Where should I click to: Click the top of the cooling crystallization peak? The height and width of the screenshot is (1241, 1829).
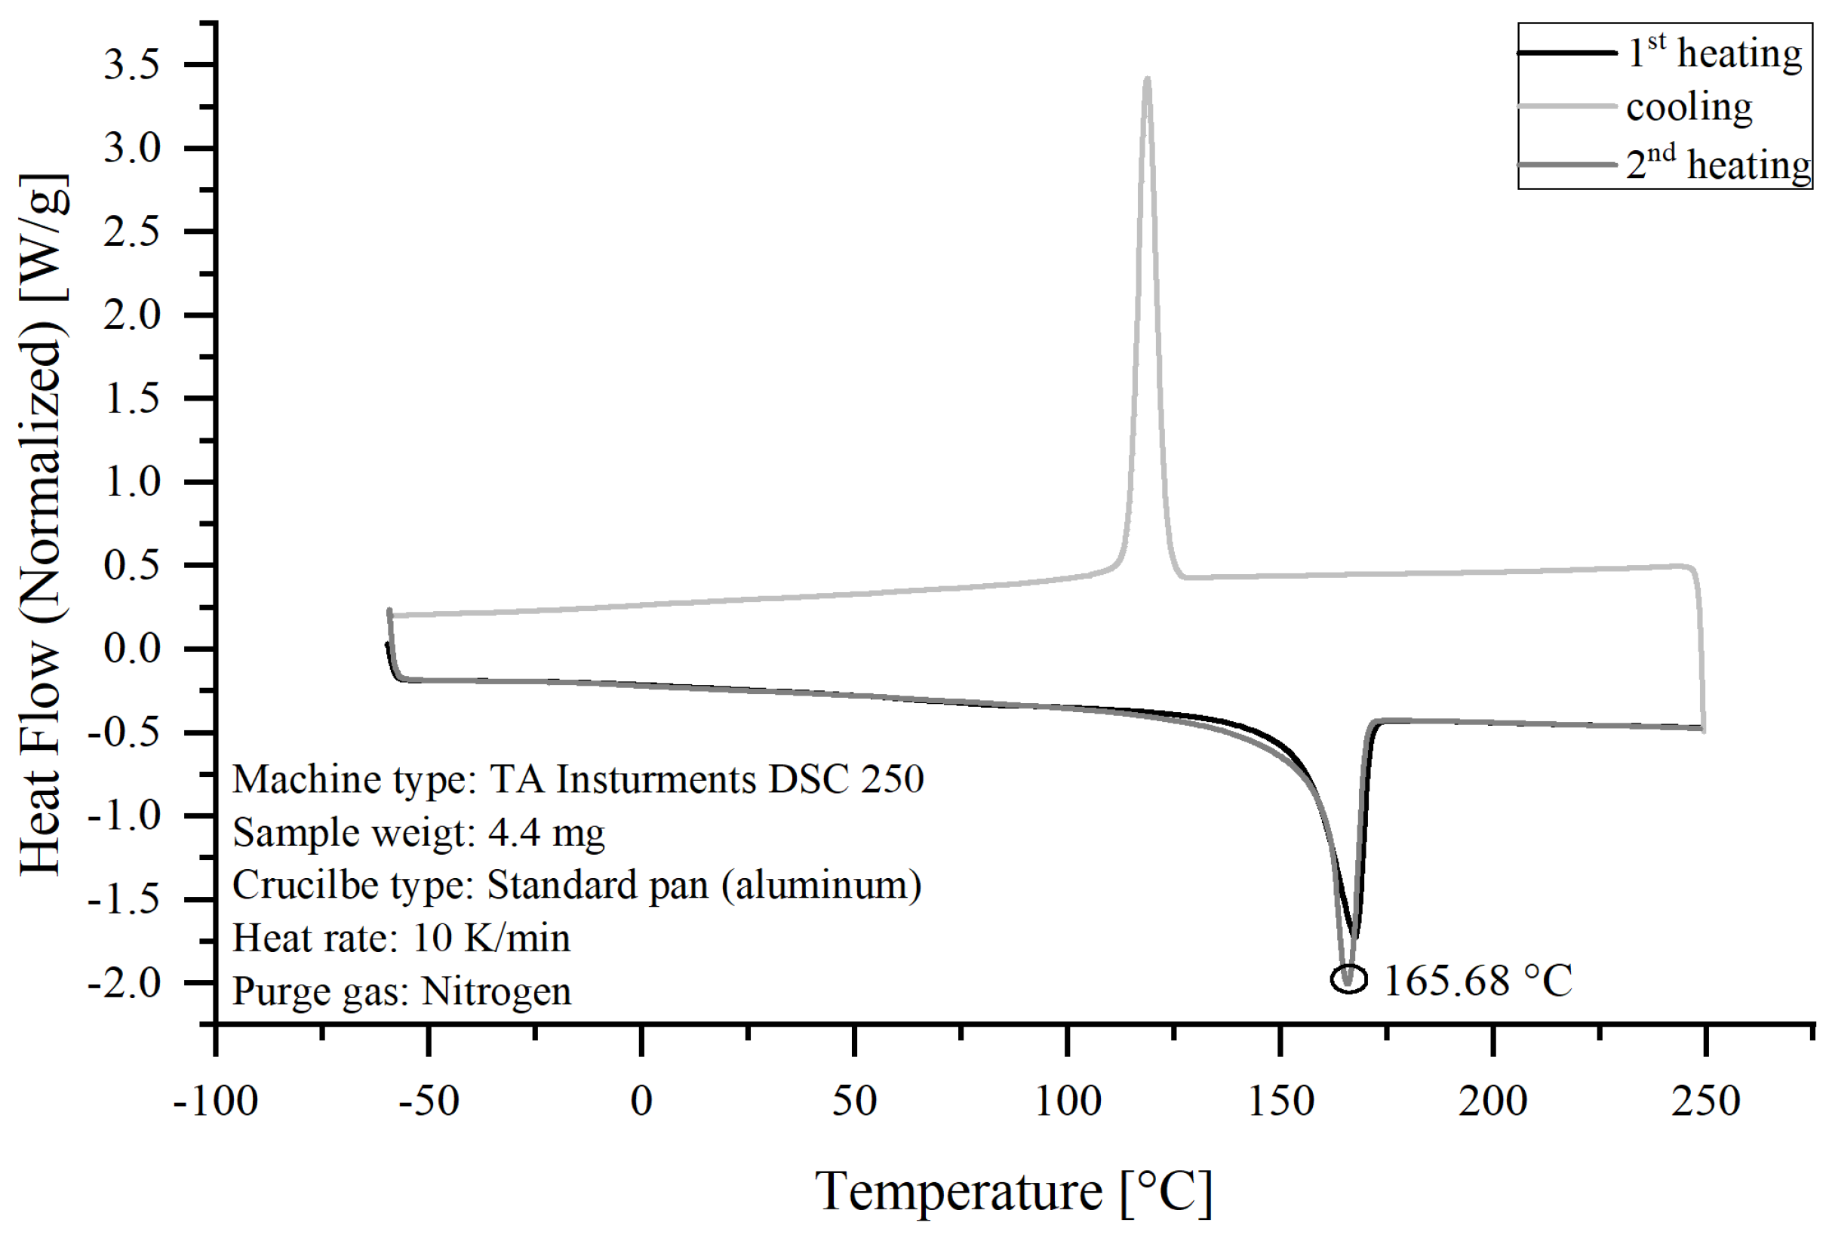click(1147, 78)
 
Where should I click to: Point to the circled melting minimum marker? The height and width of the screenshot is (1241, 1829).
click(1348, 980)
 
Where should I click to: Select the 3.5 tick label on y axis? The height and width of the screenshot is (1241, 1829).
click(131, 65)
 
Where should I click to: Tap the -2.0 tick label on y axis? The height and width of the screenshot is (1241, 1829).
click(124, 983)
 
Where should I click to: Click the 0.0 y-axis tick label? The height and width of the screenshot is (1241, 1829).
click(131, 650)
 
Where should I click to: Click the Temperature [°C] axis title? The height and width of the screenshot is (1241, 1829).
click(1013, 1191)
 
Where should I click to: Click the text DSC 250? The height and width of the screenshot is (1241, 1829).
click(846, 780)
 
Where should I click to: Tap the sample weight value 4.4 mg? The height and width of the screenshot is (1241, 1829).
click(546, 833)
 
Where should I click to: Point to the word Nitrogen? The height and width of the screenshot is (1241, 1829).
click(496, 991)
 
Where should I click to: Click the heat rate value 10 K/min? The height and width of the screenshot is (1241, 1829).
click(491, 938)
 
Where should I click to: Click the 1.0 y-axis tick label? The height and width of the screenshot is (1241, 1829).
click(131, 481)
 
